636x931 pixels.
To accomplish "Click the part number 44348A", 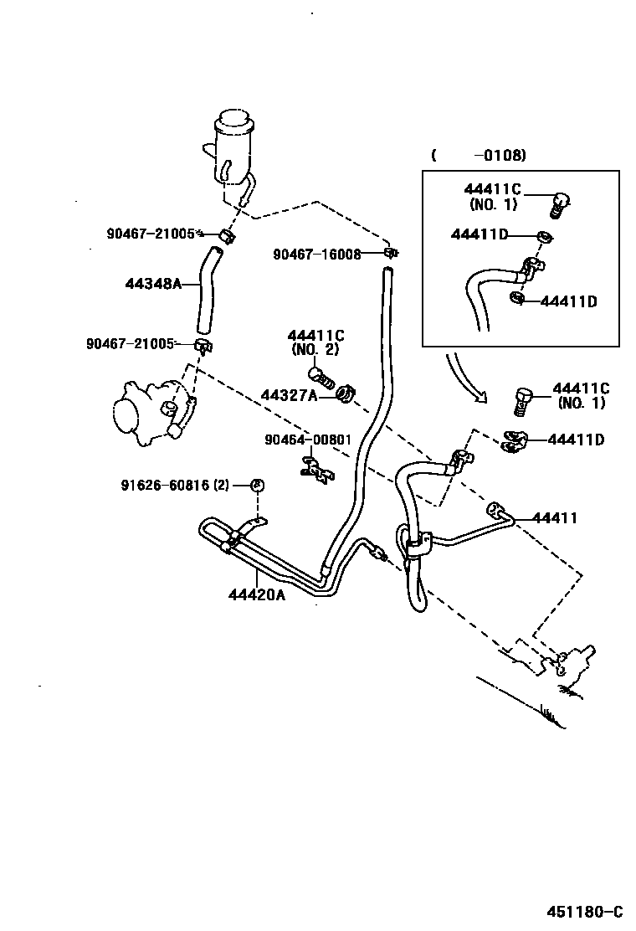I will pyautogui.click(x=153, y=284).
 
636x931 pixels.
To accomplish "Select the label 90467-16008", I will pyautogui.click(x=316, y=254).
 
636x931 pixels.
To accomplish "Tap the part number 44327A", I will pyautogui.click(x=289, y=395).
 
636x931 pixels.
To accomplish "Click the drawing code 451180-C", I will pyautogui.click(x=586, y=912).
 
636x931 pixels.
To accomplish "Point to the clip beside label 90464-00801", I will pyautogui.click(x=315, y=470).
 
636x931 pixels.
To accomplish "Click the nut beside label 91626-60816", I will pyautogui.click(x=257, y=486).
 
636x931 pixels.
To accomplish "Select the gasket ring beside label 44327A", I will pyautogui.click(x=344, y=393).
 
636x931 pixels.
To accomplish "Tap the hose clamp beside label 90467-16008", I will pyautogui.click(x=389, y=253).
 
